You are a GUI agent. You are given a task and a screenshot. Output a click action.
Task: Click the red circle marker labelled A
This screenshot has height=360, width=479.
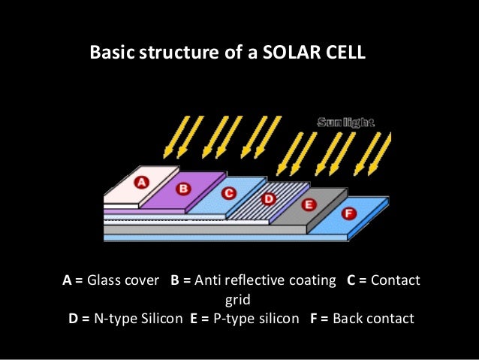(x=142, y=181)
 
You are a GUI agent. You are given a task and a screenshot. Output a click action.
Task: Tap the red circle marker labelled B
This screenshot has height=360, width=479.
(x=183, y=187)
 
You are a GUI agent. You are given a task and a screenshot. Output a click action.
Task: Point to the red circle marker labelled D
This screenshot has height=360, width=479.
(x=268, y=198)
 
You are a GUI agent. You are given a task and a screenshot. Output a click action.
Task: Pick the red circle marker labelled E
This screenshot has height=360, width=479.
(x=308, y=204)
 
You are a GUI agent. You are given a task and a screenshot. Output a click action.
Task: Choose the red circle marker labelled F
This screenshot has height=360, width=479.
(x=348, y=213)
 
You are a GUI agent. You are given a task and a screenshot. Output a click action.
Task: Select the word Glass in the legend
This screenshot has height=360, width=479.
(x=104, y=280)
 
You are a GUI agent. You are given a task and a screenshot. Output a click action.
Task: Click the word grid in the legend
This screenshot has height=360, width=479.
(x=239, y=299)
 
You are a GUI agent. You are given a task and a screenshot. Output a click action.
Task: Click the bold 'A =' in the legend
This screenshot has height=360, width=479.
(x=72, y=280)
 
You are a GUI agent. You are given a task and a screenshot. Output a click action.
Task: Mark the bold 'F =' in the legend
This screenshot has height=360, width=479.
(x=318, y=318)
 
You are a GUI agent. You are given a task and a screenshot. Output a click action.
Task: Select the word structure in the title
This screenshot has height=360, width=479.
(x=170, y=54)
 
